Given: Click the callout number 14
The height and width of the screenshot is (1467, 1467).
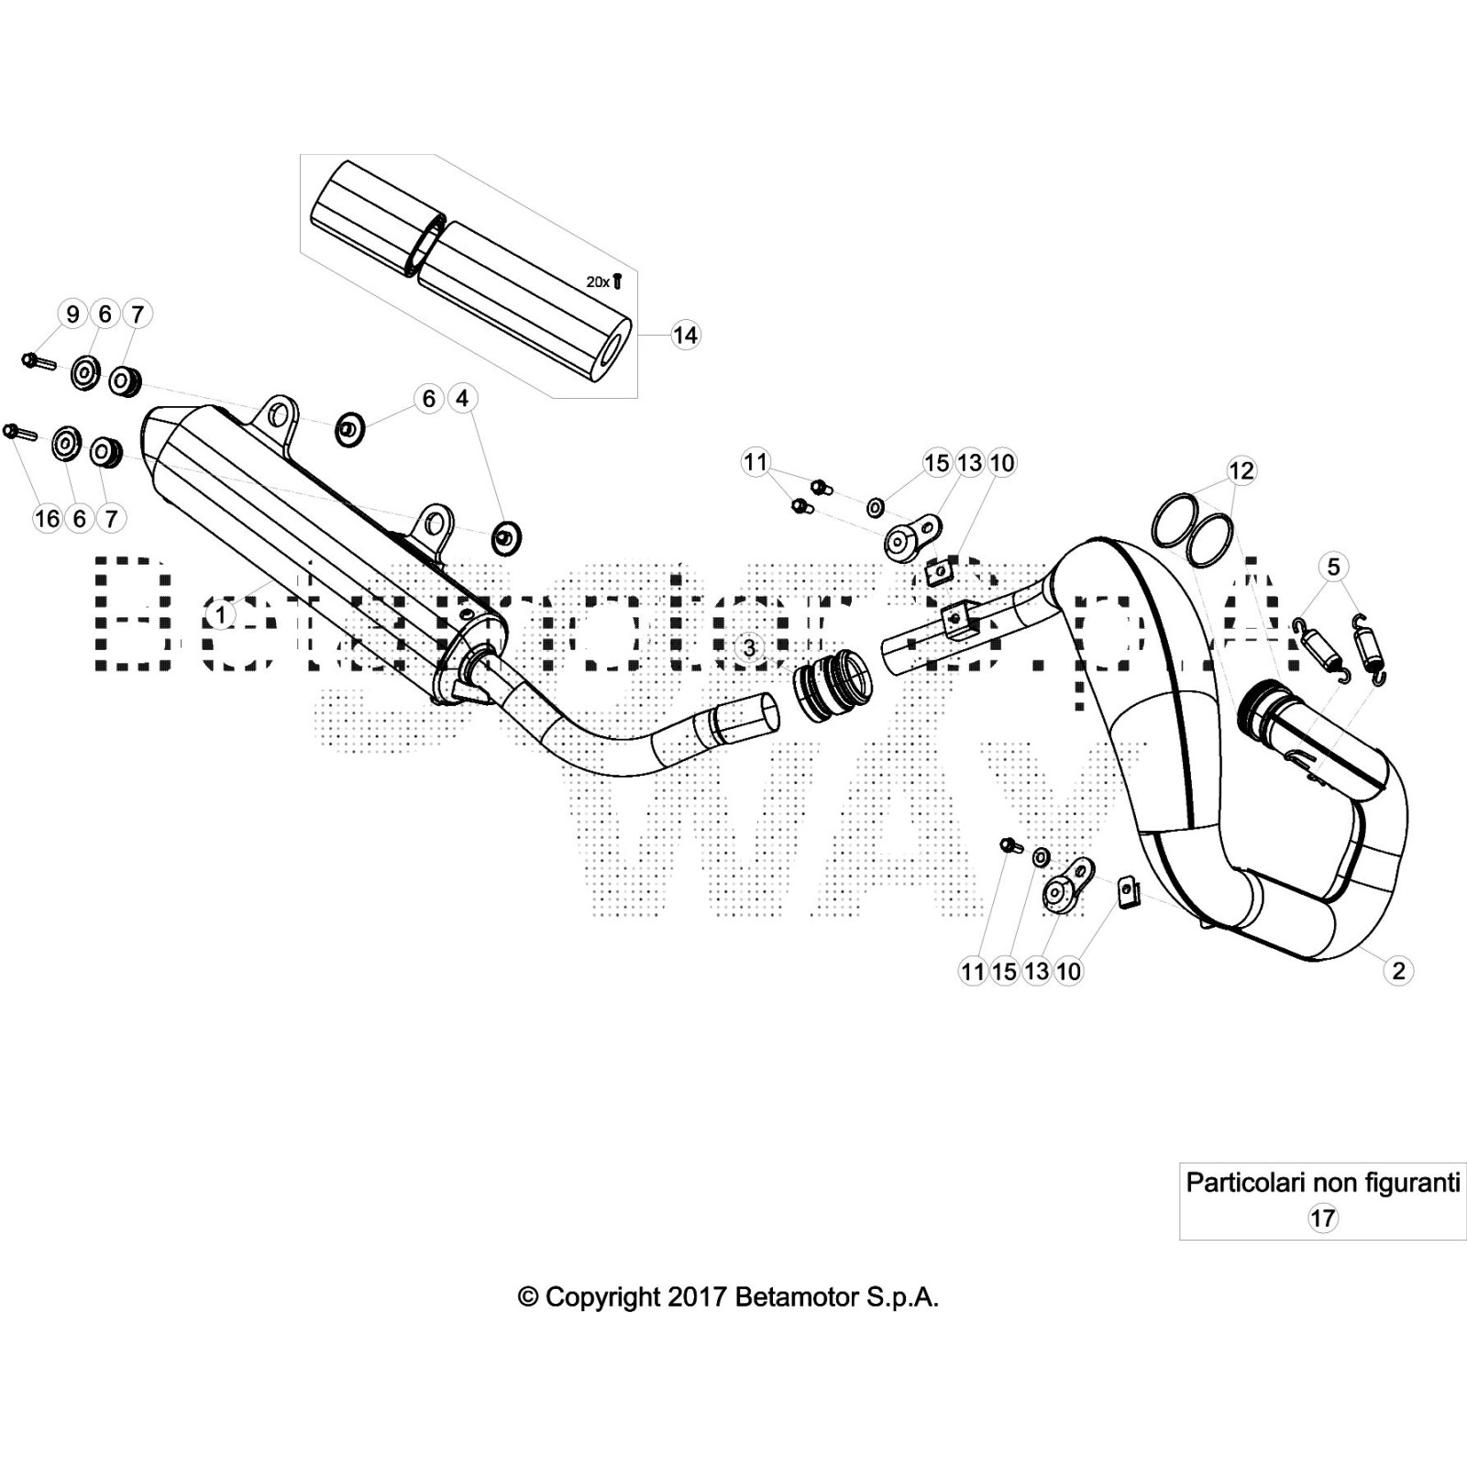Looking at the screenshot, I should (685, 336).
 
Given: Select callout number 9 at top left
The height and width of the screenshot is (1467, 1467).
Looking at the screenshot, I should (72, 314).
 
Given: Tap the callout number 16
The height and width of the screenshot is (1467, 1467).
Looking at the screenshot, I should (47, 519).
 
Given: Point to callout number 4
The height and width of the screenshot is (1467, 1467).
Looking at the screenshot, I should (462, 399).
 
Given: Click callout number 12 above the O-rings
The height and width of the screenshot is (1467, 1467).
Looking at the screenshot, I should (1241, 471).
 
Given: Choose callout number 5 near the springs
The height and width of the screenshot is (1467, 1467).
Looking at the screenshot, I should (1333, 567).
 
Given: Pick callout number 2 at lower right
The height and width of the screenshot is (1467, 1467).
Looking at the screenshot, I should (1398, 970).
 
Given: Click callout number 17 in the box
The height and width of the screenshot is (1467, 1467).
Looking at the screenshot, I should (1322, 1219).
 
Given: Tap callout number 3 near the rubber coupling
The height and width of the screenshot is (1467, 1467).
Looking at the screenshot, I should (750, 647).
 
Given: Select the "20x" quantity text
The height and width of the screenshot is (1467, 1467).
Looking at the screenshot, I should (598, 282).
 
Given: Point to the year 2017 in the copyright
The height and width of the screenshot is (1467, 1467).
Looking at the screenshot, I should (697, 1297).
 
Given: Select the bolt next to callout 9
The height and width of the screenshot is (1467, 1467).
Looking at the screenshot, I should (38, 361).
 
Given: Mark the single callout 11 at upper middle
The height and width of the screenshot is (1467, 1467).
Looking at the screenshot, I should (756, 462).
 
